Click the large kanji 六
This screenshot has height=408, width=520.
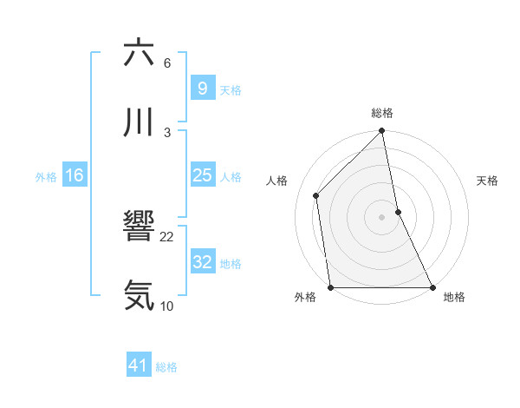point(140,53)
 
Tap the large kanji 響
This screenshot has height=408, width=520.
point(140,227)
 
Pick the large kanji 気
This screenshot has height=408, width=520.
point(140,296)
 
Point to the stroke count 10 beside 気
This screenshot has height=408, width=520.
point(167,306)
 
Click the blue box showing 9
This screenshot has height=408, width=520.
point(202,88)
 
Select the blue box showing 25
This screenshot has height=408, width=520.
point(202,175)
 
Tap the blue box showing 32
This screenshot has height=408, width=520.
point(202,262)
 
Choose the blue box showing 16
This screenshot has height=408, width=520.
point(75,175)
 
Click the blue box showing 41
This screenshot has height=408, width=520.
point(139,365)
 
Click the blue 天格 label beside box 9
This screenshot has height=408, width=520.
point(231,90)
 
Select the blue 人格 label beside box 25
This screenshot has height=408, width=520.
point(231,177)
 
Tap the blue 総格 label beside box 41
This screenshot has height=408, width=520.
point(166,367)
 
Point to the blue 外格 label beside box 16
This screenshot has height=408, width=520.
point(46,177)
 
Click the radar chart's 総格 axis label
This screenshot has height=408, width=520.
point(382,113)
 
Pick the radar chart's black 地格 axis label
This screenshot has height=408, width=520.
point(454,297)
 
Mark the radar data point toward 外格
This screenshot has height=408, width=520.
point(330,287)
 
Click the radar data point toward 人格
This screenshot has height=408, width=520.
point(316,195)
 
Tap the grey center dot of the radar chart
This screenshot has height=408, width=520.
point(382,216)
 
